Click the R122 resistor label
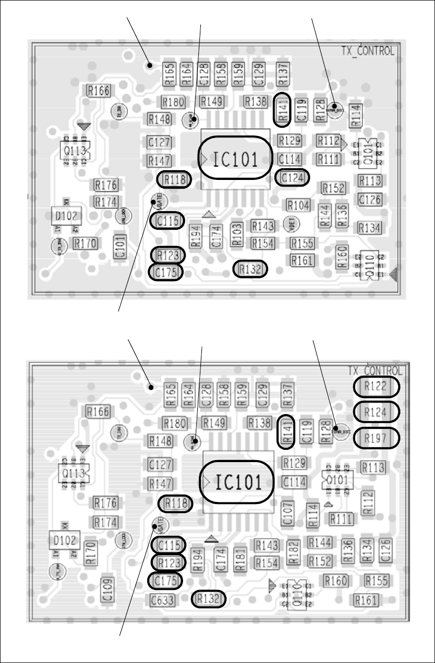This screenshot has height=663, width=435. pyautogui.click(x=377, y=387)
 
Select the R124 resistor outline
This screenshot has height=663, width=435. pyautogui.click(x=377, y=411)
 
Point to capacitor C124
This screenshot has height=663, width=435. pyautogui.click(x=292, y=177)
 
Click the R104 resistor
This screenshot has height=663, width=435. pyautogui.click(x=299, y=205)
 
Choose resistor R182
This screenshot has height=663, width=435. pyautogui.click(x=293, y=552)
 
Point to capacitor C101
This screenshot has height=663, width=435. pyautogui.click(x=120, y=247)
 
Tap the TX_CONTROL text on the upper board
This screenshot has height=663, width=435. pyautogui.click(x=368, y=51)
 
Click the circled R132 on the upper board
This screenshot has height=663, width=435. pyautogui.click(x=250, y=268)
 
